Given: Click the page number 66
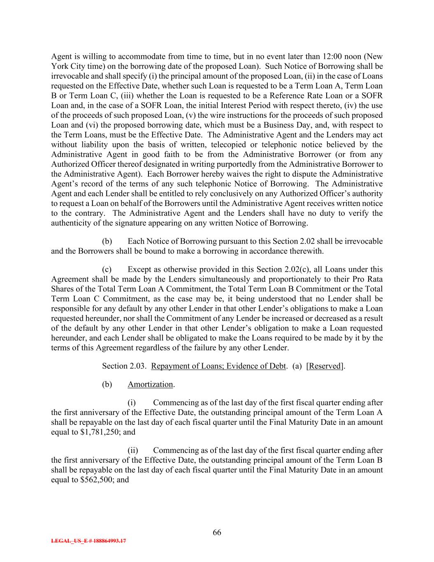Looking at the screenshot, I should pyautogui.click(x=217, y=532).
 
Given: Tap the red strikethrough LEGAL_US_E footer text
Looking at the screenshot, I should pyautogui.click(x=88, y=541).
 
